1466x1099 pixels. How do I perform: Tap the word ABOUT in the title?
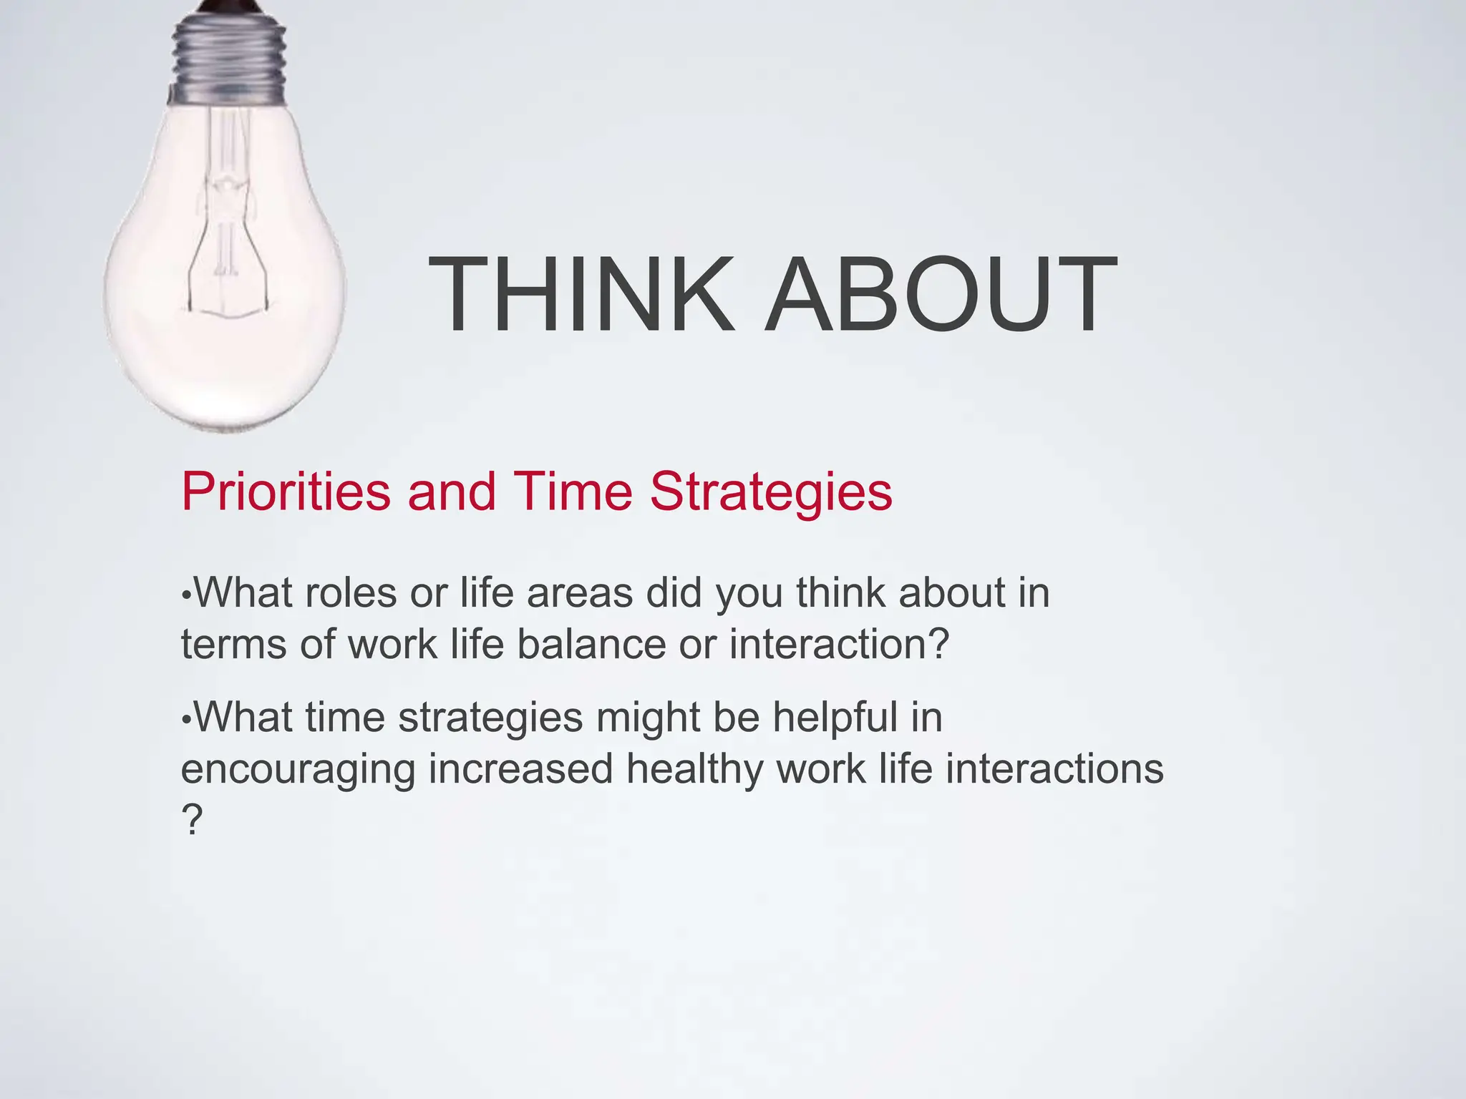(940, 295)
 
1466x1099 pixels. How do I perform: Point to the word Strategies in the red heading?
(771, 492)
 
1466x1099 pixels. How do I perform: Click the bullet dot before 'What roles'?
(186, 595)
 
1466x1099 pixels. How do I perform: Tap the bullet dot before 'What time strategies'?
(186, 719)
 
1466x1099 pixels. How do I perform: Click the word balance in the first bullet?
(591, 644)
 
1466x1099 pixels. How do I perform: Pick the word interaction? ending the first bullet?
(839, 644)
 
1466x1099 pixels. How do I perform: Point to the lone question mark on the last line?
(192, 821)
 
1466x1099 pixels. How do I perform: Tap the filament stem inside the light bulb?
(228, 215)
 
